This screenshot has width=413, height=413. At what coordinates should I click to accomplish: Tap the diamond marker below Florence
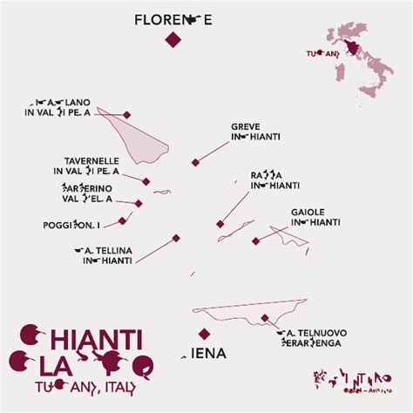[x=173, y=38]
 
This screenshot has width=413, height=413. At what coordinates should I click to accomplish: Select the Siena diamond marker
[x=204, y=334]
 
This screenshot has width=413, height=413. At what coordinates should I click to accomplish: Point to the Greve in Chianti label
[x=252, y=132]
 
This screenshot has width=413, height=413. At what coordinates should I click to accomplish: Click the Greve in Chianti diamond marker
[x=197, y=162]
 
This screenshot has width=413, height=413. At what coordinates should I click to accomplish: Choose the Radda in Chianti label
[x=274, y=180]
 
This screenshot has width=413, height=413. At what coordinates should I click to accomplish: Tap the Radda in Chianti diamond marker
[x=220, y=224]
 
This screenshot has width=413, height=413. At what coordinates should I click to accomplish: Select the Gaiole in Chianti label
[x=315, y=217]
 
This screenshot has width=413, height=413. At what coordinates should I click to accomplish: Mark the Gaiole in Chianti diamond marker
[x=255, y=240]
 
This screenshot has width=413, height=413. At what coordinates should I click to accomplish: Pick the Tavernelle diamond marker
[x=146, y=182]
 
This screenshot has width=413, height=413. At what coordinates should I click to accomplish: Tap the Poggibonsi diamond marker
[x=123, y=221]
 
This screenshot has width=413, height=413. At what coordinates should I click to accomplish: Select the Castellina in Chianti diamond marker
[x=176, y=238]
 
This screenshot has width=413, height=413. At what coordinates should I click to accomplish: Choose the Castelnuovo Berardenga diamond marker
[x=265, y=318]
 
